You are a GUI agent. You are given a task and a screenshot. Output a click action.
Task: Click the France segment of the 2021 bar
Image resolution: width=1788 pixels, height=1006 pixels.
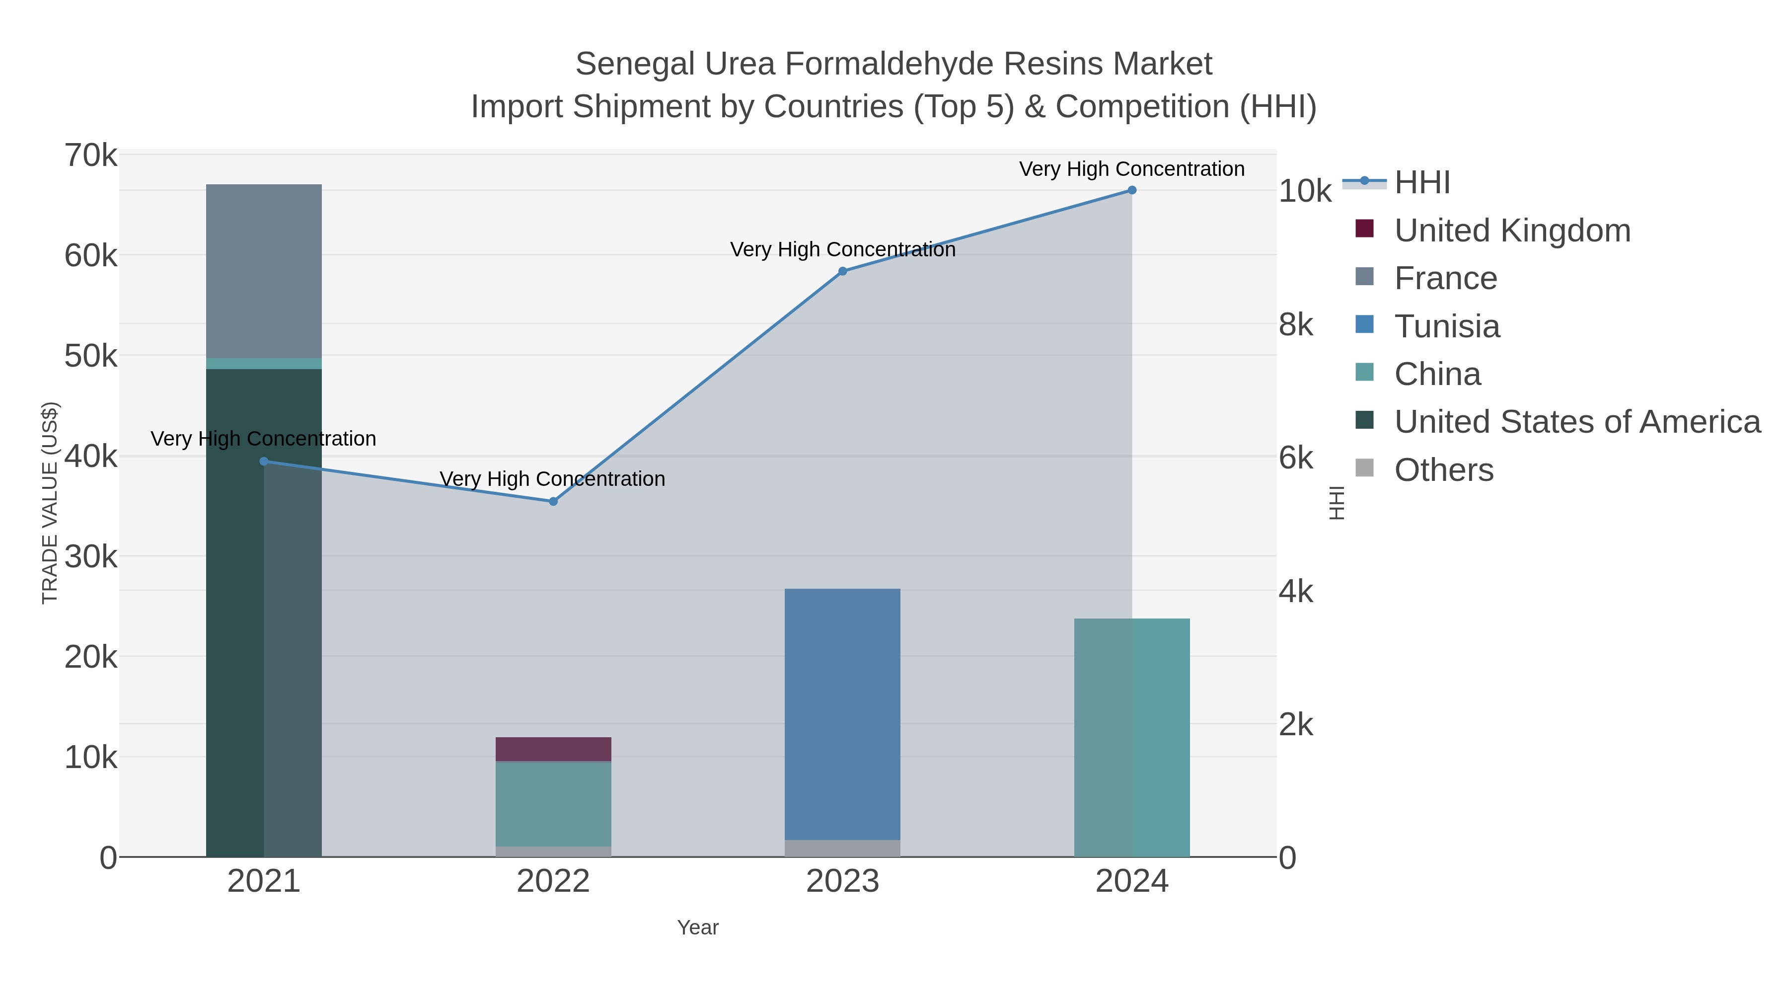[264, 271]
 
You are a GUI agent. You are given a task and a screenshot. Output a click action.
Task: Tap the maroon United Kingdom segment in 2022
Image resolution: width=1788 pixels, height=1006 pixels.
[553, 749]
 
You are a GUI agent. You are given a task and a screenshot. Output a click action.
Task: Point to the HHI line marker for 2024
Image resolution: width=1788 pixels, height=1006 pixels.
[1132, 190]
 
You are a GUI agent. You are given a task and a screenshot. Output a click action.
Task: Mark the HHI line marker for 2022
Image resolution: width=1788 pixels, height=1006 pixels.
[553, 501]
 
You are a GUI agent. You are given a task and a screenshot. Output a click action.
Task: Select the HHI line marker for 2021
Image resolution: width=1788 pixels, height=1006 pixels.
[264, 461]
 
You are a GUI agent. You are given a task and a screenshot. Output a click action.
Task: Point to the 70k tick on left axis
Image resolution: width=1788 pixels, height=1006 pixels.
[91, 155]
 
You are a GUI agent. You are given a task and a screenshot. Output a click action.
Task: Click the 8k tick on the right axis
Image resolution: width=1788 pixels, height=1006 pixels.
[1296, 325]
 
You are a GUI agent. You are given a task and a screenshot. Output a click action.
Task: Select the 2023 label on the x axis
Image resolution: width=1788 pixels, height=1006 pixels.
[842, 882]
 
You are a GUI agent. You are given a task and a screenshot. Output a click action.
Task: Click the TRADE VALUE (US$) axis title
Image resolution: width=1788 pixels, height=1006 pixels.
[50, 503]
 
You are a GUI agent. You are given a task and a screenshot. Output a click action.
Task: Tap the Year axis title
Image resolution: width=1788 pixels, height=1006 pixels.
[698, 928]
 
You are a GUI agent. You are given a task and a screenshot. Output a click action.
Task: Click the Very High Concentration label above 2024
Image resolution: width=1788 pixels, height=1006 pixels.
[1131, 169]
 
